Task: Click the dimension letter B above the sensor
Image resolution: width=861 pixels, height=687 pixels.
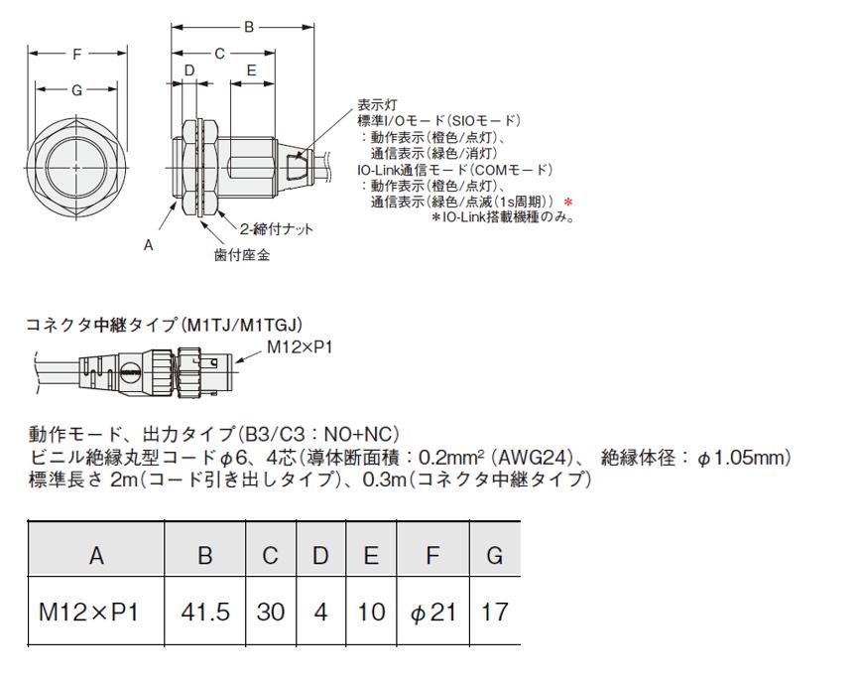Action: [249, 27]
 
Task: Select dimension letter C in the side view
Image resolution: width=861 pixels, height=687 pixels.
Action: [219, 54]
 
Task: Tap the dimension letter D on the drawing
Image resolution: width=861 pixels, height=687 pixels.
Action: [189, 70]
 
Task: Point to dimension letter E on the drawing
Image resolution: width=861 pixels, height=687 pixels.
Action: [252, 70]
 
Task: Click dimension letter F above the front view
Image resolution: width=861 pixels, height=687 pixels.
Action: [77, 54]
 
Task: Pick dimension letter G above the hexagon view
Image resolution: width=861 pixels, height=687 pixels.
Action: [77, 89]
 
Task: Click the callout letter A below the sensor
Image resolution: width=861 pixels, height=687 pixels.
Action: [148, 245]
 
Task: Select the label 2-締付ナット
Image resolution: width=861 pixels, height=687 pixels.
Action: [276, 228]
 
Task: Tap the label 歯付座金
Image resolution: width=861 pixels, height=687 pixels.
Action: [242, 254]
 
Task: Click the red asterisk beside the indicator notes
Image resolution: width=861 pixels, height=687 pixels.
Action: [569, 203]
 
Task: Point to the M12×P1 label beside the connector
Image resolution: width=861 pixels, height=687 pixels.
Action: [300, 347]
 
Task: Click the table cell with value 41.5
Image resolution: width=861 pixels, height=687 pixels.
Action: [204, 612]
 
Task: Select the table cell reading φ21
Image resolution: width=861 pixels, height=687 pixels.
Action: [433, 612]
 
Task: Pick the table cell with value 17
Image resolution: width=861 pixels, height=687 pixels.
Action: [495, 612]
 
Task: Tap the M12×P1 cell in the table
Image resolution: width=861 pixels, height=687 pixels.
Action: [96, 612]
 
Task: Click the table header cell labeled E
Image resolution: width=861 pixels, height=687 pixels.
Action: [371, 555]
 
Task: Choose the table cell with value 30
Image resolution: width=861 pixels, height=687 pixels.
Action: [271, 612]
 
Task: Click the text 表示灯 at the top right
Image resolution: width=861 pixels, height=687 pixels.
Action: [377, 104]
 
